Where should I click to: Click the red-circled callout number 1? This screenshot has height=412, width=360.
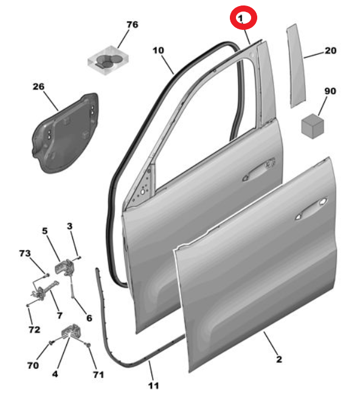pyautogui.click(x=241, y=18)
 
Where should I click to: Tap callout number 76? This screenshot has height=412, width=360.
pyautogui.click(x=133, y=24)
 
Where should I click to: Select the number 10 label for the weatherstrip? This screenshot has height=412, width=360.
pyautogui.click(x=158, y=50)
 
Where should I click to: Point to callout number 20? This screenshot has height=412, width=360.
pyautogui.click(x=331, y=51)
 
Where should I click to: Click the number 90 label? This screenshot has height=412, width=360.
pyautogui.click(x=330, y=91)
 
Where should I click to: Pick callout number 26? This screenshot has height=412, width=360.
pyautogui.click(x=38, y=86)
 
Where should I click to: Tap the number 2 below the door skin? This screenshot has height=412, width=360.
pyautogui.click(x=279, y=359)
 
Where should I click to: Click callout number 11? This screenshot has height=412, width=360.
pyautogui.click(x=153, y=385)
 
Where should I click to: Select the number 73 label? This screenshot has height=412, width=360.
pyautogui.click(x=25, y=253)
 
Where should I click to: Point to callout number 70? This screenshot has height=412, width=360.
pyautogui.click(x=33, y=365)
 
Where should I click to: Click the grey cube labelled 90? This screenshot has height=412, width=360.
pyautogui.click(x=313, y=126)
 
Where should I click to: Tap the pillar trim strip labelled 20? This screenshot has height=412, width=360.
pyautogui.click(x=296, y=66)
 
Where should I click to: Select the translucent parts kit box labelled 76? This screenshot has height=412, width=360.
pyautogui.click(x=108, y=60)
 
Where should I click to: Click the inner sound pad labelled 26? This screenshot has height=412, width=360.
pyautogui.click(x=66, y=133)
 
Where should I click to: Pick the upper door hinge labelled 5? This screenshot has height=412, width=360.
pyautogui.click(x=64, y=267)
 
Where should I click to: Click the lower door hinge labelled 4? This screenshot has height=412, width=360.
pyautogui.click(x=70, y=330)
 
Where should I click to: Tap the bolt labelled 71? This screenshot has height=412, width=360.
pyautogui.click(x=89, y=344)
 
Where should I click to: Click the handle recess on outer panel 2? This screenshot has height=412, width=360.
pyautogui.click(x=312, y=208)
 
